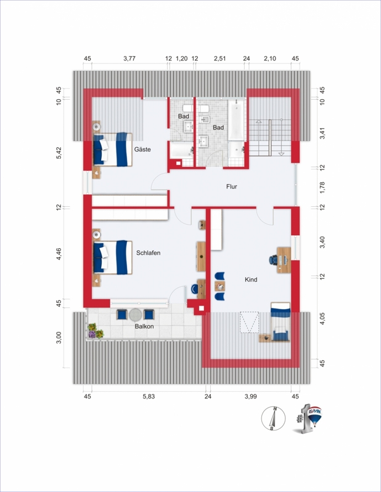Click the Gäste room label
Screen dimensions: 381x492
tap(142, 150)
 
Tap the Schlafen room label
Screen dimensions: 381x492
tap(148, 253)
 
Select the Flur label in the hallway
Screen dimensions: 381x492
tap(231, 187)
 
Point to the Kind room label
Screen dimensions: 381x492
tap(251, 280)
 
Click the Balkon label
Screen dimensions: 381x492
tap(144, 326)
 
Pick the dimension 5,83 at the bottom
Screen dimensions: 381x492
tap(149, 397)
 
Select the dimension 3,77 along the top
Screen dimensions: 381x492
tap(129, 58)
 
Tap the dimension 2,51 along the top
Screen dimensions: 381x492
tap(220, 58)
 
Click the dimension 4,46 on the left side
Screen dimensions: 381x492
tap(59, 254)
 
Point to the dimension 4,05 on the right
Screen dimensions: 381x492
tap(322, 318)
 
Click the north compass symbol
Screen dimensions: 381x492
tap(273, 419)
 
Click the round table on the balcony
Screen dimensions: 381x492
tap(136, 315)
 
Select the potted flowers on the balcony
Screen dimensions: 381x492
tap(96, 331)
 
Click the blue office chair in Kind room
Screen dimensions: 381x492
tap(273, 260)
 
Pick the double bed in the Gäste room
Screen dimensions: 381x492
tap(112, 150)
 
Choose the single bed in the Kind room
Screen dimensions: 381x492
tap(281, 321)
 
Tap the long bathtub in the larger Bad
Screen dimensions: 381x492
tap(236, 120)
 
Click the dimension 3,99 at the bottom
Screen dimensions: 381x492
tap(251, 397)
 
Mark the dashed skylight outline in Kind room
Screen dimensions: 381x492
tap(250, 322)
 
